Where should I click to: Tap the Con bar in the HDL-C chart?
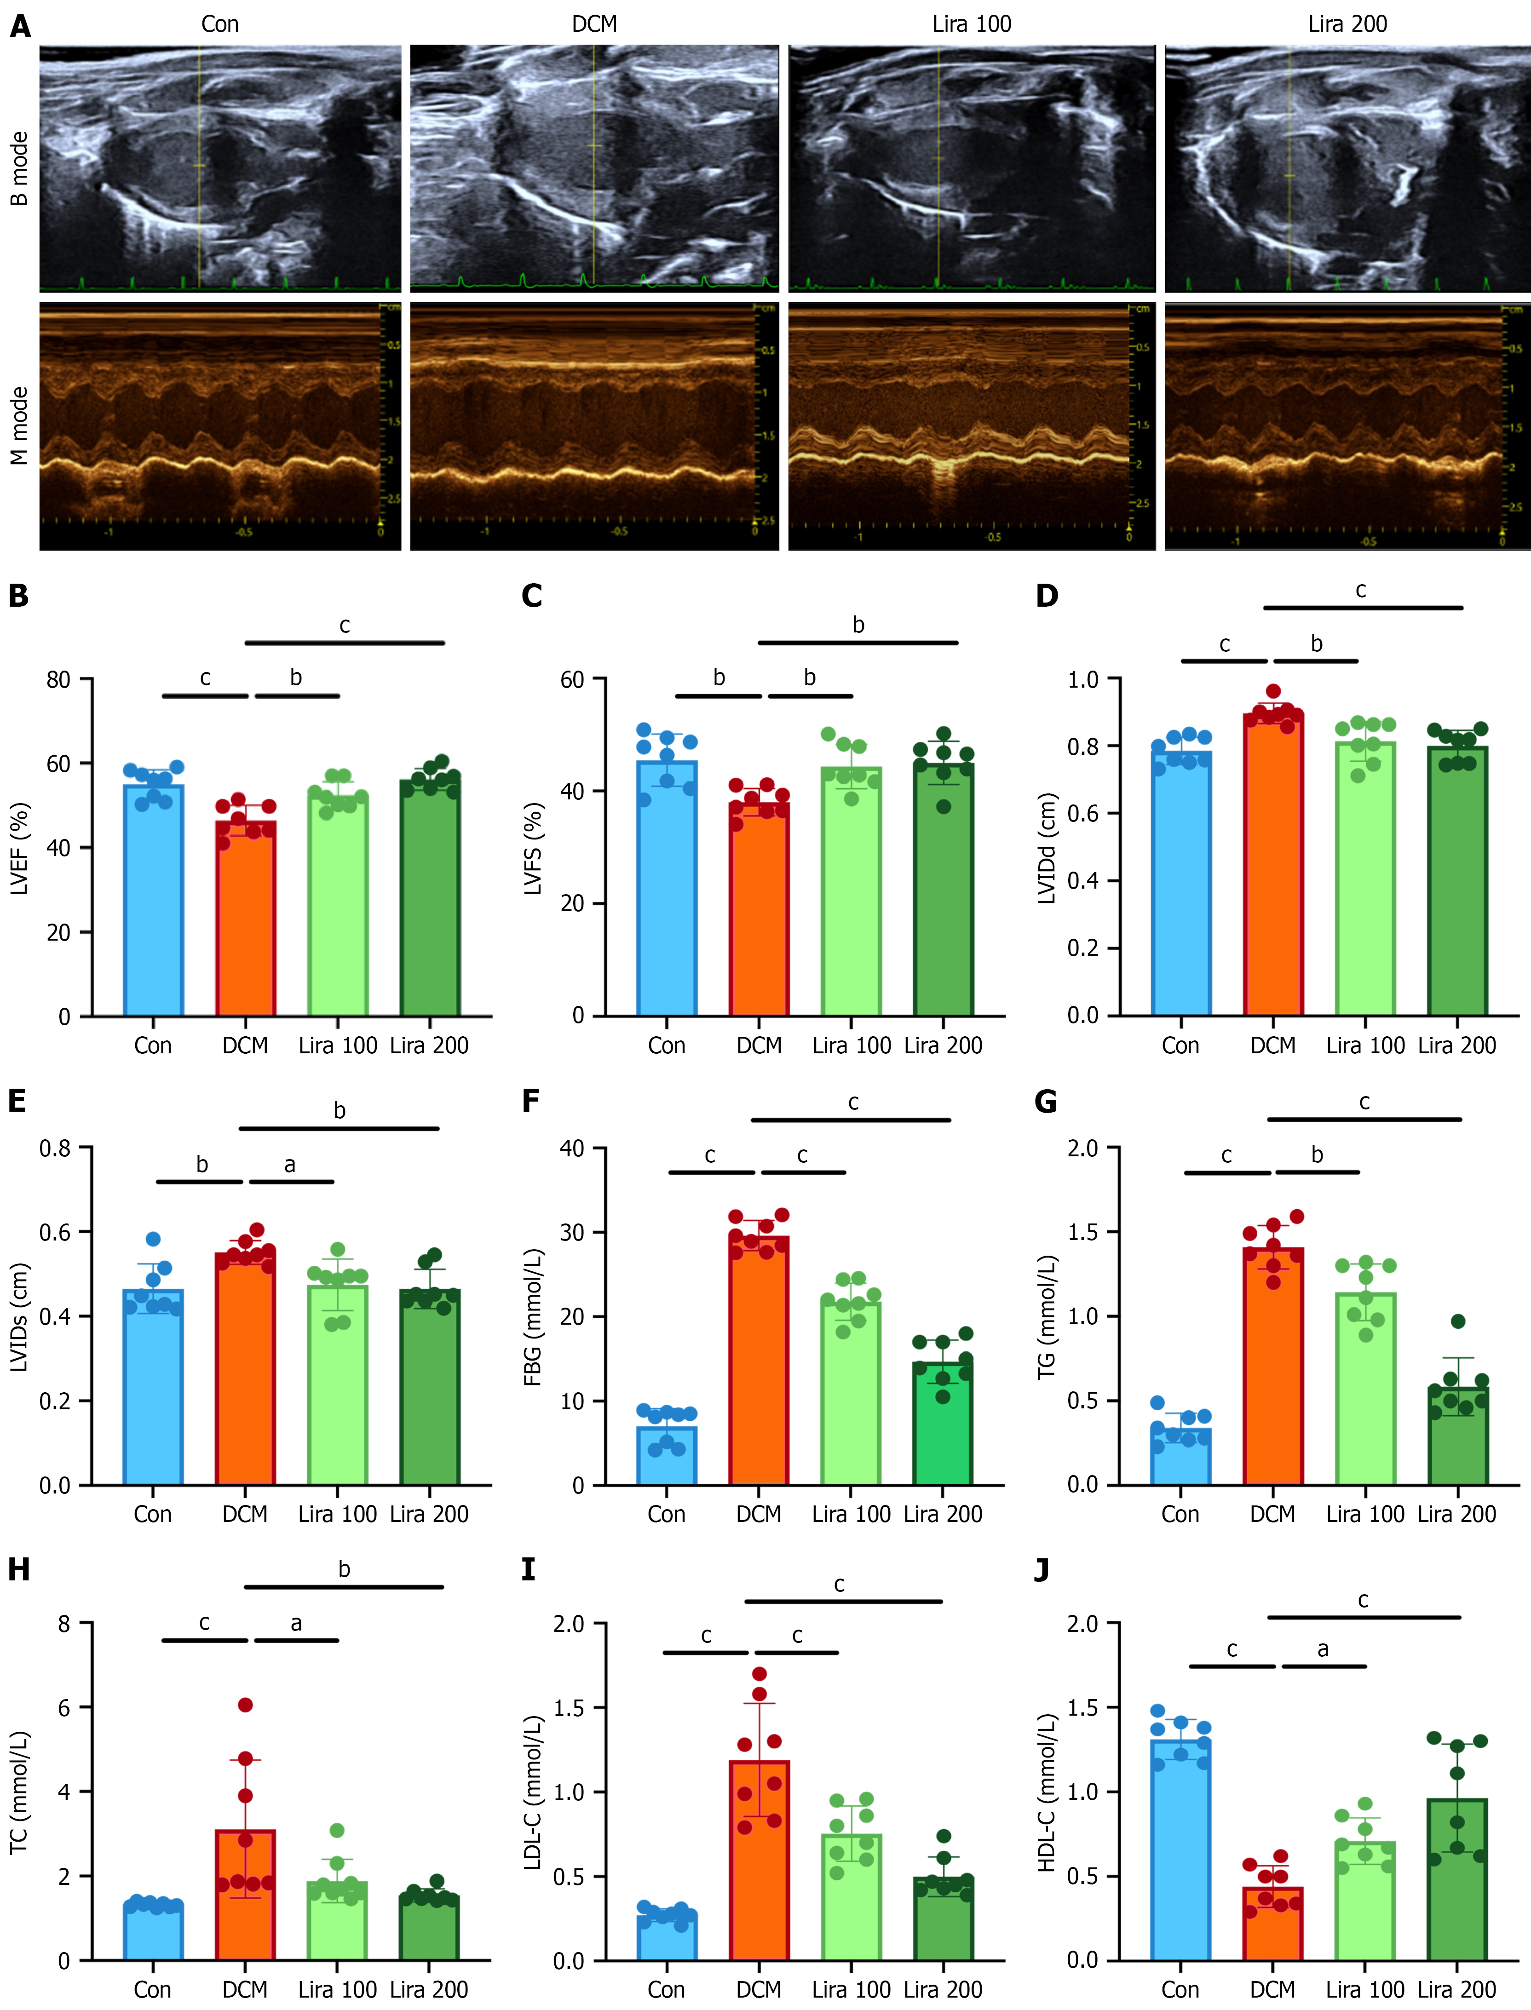1181,1849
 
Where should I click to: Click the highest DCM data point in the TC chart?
245,1705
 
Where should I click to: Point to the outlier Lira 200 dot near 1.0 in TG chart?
1458,1321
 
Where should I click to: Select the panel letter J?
1044,1569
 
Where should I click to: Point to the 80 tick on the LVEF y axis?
58,680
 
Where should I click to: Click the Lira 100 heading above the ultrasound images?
972,24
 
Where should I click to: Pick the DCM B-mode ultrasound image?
594,168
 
